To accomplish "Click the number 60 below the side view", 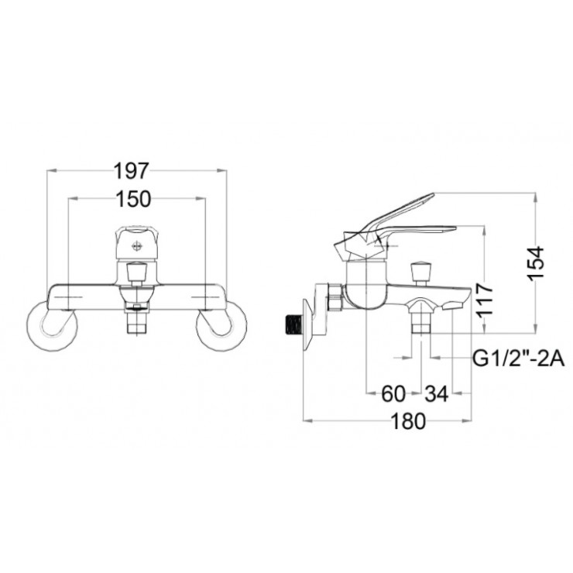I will [x=393, y=394].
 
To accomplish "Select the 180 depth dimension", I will [x=409, y=421].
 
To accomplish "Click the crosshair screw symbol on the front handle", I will [x=138, y=246].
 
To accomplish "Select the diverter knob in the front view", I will [x=137, y=273].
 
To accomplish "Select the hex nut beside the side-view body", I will [x=335, y=297].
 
